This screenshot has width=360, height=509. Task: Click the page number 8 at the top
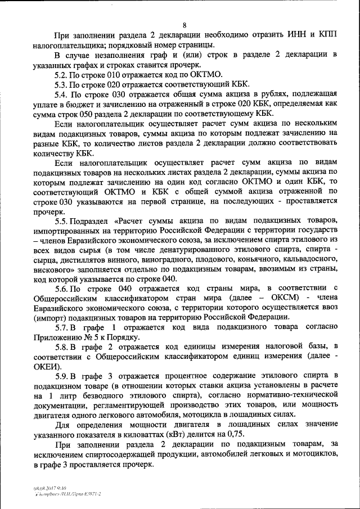click(x=184, y=24)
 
